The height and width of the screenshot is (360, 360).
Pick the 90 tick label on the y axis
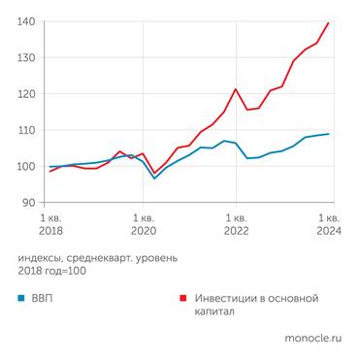pos(29,202)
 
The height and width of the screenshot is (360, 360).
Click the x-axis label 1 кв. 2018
pos(49,225)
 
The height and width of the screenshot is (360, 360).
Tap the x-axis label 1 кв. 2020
pos(143,225)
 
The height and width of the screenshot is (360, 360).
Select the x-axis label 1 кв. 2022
pos(236,225)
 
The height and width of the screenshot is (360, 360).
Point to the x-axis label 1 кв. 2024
pos(328,225)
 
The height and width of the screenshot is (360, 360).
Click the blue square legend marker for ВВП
pos(21,298)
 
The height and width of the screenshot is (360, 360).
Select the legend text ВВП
pos(45,298)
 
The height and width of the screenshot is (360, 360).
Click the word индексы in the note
pos(42,257)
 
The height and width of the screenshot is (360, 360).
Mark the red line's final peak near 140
pos(329,23)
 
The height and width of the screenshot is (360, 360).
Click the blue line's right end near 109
pos(329,134)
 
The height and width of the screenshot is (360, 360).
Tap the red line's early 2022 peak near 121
pos(236,89)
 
